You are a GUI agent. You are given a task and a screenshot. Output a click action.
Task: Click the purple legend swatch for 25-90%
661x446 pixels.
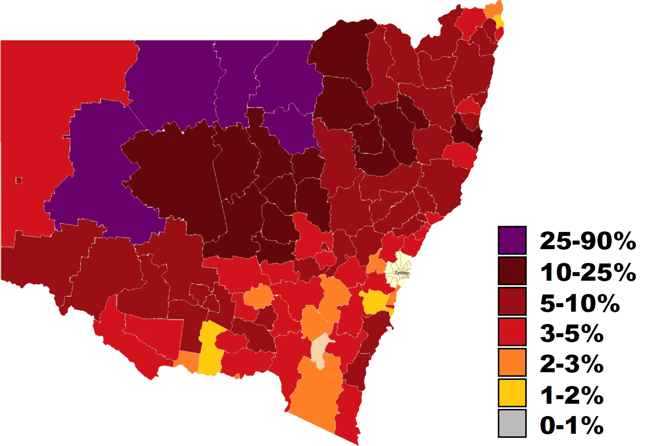[x=512, y=240]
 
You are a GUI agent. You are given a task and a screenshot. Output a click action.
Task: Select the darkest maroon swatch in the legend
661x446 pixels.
[x=512, y=272]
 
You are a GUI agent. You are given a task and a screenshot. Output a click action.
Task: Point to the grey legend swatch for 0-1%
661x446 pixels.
[x=512, y=424]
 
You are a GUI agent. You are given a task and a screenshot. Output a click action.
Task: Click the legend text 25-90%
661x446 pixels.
[x=588, y=241]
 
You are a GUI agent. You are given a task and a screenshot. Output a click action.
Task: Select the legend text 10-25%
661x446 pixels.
[x=588, y=273]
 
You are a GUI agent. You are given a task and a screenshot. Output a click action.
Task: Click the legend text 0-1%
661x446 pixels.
[x=572, y=426]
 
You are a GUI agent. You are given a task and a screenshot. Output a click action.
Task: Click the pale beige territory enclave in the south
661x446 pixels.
[x=320, y=351]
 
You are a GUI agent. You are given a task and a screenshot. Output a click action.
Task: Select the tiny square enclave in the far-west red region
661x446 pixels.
[x=19, y=180]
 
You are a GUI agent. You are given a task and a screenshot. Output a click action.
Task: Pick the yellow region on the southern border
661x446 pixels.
[x=209, y=351]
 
